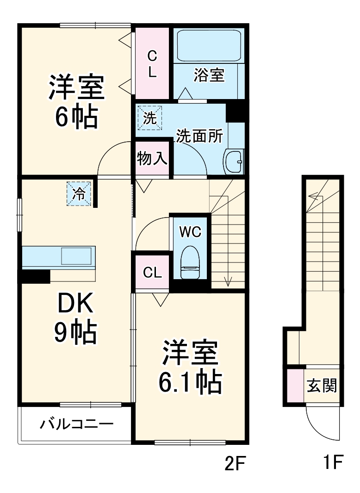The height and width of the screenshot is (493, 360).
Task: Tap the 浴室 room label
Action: tap(209, 75)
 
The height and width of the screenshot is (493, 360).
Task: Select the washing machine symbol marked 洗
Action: tap(149, 119)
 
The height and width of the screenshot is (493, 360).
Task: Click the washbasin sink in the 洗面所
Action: tap(233, 162)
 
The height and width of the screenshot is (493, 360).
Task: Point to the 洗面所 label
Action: tap(199, 137)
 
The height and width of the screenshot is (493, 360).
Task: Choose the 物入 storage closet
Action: tap(152, 159)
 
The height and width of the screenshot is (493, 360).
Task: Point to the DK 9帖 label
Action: tap(75, 318)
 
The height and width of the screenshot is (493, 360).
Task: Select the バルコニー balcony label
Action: tap(76, 424)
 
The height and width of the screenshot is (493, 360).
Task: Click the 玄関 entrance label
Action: tap(322, 385)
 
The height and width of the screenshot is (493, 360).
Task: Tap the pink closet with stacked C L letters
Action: tap(152, 64)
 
